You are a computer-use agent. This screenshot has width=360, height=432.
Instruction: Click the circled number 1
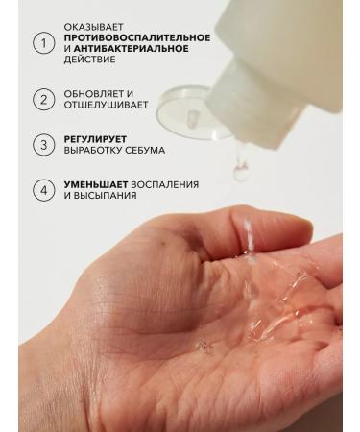click(42, 42)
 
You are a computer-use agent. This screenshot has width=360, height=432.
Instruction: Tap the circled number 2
click(42, 99)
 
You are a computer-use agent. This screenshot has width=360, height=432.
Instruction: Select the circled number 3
click(42, 145)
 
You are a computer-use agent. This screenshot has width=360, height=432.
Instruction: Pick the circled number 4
click(42, 189)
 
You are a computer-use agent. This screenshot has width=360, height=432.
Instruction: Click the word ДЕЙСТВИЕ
click(89, 60)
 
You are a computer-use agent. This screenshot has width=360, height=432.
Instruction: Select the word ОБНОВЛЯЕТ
click(93, 94)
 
